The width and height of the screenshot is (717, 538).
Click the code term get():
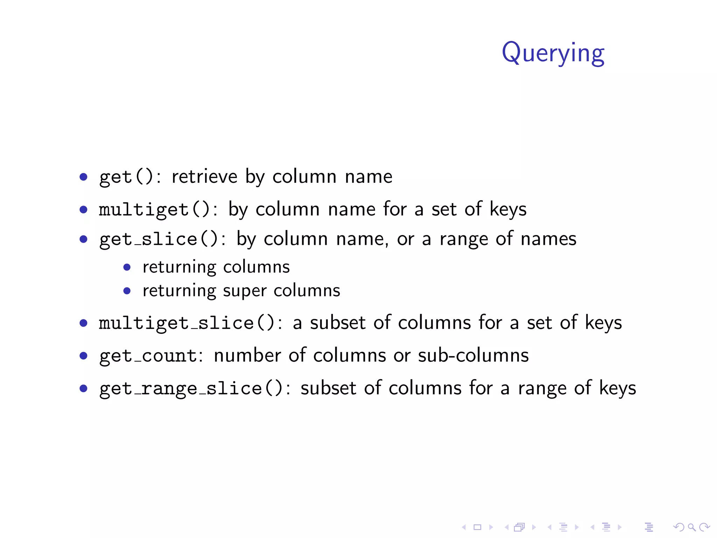(x=130, y=177)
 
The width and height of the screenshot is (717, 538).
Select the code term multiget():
(x=158, y=209)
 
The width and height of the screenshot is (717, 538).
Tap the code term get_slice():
(x=162, y=239)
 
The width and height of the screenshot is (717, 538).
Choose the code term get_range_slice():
(x=194, y=388)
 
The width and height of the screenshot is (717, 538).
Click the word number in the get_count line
(x=247, y=355)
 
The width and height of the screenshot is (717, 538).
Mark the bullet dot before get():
(x=83, y=177)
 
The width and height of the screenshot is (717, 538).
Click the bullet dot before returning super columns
(x=127, y=291)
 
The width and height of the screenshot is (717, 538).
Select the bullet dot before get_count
(x=83, y=356)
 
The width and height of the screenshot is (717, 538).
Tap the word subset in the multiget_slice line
(x=337, y=322)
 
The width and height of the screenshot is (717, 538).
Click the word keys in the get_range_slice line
(x=617, y=388)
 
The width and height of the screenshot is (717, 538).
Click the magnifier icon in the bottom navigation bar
(x=691, y=527)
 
